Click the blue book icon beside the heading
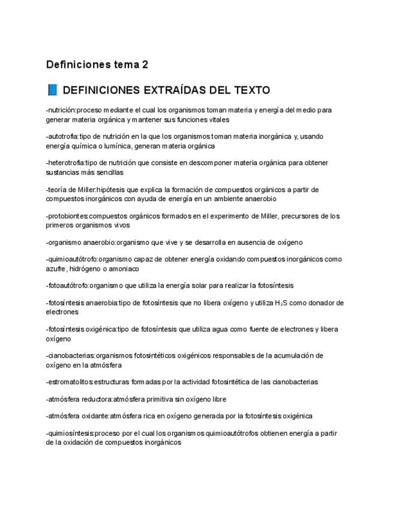[x=52, y=90]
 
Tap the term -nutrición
[x=61, y=110]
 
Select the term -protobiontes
[x=67, y=216]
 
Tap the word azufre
[x=56, y=269]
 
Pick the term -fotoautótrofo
[x=69, y=286]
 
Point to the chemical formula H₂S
[x=280, y=303]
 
